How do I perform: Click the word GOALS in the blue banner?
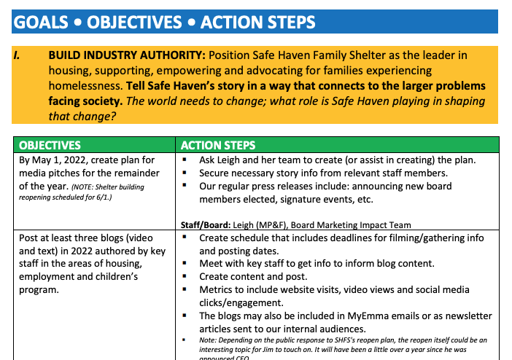41,23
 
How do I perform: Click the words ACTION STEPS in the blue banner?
258,23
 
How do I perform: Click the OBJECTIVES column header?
50,145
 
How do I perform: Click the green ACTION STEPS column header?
218,145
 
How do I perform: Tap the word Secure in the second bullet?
217,173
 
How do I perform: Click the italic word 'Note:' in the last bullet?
209,340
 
